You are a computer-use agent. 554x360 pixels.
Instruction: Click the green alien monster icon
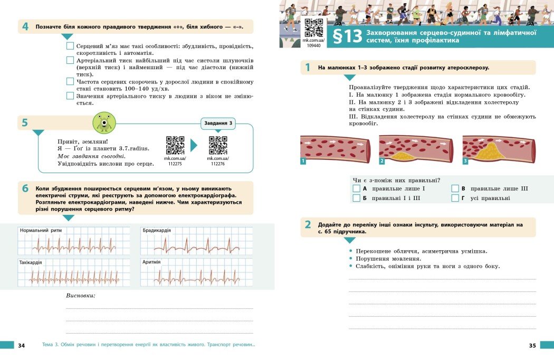click(x=104, y=123)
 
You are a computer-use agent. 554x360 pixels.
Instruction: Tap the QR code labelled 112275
click(x=175, y=145)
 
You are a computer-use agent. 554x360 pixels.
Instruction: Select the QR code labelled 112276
click(x=218, y=145)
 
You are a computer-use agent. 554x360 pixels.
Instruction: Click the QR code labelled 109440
click(x=314, y=27)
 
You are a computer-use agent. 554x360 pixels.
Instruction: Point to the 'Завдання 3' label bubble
click(x=218, y=124)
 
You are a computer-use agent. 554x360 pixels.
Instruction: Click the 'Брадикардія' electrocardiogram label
click(x=157, y=231)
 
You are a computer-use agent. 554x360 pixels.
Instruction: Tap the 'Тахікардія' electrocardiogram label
click(x=31, y=262)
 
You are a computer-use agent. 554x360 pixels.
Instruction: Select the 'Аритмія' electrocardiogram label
click(x=151, y=262)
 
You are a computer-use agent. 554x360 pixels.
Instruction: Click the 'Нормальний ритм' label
click(x=41, y=231)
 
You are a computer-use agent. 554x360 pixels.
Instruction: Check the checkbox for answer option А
click(x=356, y=188)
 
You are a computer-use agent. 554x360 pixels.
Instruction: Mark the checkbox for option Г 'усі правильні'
click(x=455, y=198)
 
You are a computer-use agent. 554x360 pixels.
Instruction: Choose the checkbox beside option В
click(x=455, y=188)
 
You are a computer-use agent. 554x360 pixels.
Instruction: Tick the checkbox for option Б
click(x=356, y=198)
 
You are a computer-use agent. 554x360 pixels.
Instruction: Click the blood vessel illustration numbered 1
click(x=335, y=148)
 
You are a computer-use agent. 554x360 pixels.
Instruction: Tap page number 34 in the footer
click(x=21, y=346)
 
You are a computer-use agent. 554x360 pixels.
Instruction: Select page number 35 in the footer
click(x=532, y=346)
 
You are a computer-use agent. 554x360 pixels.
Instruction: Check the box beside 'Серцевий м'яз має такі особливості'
click(x=70, y=46)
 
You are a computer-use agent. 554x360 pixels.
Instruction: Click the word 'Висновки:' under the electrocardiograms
click(x=81, y=295)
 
